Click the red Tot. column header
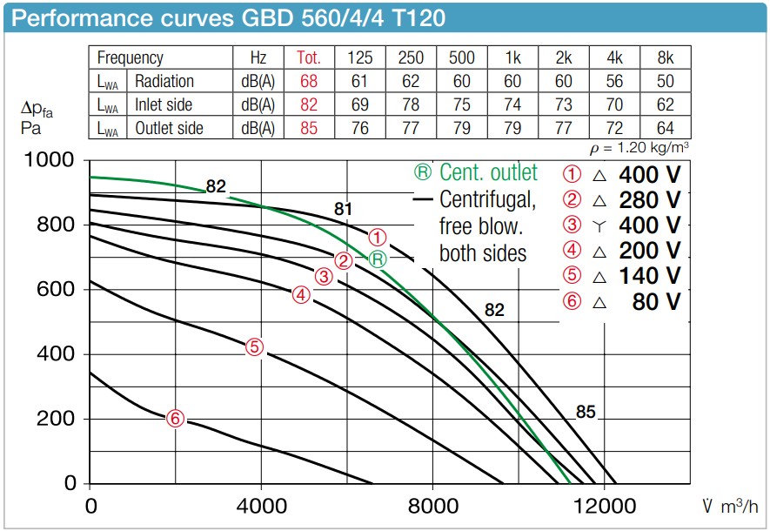pos(309,58)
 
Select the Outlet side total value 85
pos(309,128)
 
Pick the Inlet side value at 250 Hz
pos(411,104)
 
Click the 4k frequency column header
pos(614,58)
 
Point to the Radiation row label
pos(164,81)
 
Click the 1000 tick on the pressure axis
pos(55,160)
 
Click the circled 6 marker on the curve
pos(176,419)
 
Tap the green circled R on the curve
pos(377,259)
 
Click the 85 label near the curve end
pos(586,412)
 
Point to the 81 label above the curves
pos(343,209)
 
